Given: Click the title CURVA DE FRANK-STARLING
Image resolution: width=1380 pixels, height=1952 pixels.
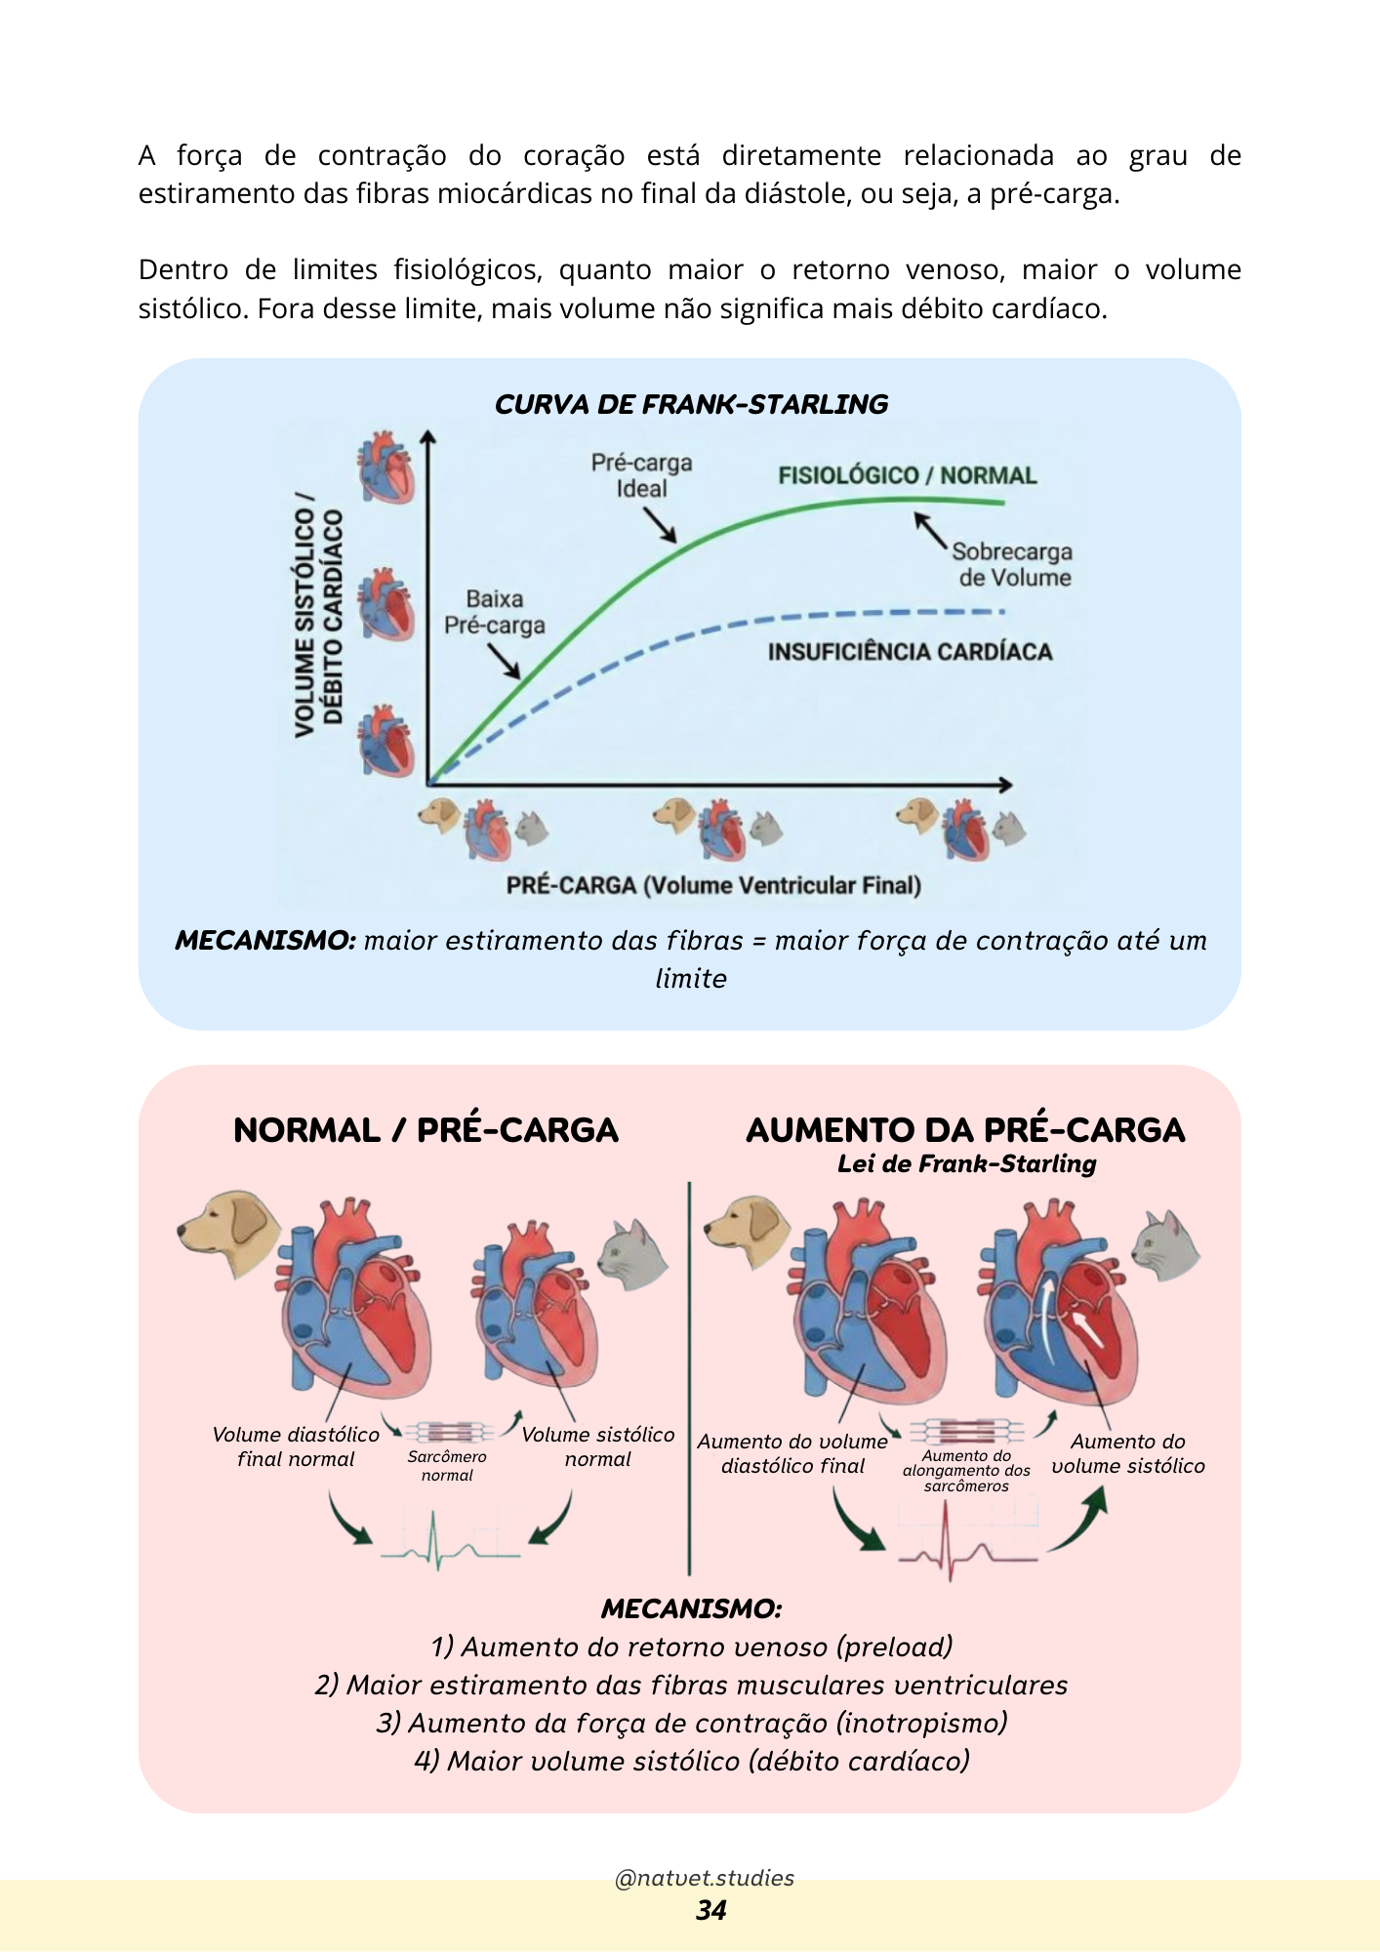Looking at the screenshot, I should pyautogui.click(x=691, y=404).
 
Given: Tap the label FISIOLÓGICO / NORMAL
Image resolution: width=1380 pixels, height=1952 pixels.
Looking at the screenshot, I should pyautogui.click(x=907, y=475).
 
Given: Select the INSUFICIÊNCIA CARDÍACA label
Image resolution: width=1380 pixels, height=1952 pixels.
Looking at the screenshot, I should pyautogui.click(x=910, y=652).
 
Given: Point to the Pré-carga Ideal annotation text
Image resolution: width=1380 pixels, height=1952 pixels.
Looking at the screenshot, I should pyautogui.click(x=641, y=475).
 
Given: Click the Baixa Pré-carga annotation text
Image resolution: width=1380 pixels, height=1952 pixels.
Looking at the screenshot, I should pyautogui.click(x=495, y=612).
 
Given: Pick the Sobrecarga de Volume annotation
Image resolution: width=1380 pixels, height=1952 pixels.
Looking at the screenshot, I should pyautogui.click(x=1013, y=564).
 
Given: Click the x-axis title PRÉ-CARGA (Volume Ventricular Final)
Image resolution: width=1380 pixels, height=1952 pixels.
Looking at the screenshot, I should pyautogui.click(x=713, y=885).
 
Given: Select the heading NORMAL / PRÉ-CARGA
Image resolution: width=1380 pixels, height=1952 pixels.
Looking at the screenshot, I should pyautogui.click(x=426, y=1129).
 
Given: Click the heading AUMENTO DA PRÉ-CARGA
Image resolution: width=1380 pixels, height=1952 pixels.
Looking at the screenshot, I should pyautogui.click(x=965, y=1129).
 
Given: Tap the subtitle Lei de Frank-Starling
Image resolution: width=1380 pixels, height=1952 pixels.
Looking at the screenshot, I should pyautogui.click(x=966, y=1163).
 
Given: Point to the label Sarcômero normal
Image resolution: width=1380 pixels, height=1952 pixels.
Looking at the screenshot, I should pyautogui.click(x=447, y=1465).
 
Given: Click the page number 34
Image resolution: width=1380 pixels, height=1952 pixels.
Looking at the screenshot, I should pyautogui.click(x=710, y=1910).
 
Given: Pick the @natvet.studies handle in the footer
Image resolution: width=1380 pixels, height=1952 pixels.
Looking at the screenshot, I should pyautogui.click(x=704, y=1878).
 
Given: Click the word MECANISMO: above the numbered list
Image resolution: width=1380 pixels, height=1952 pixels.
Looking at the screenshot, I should pyautogui.click(x=691, y=1608).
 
